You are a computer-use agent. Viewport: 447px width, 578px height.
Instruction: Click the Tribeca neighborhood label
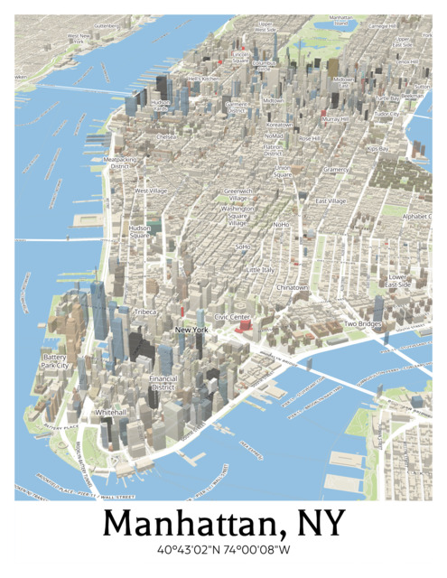[145, 311]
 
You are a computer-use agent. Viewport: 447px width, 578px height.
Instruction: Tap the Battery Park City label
[55, 361]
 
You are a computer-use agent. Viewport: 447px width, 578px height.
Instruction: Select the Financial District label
[163, 382]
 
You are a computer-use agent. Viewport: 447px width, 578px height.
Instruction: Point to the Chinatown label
[292, 287]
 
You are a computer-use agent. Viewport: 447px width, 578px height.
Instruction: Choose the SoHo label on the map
[242, 246]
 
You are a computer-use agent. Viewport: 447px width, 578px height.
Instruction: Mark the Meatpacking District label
[121, 163]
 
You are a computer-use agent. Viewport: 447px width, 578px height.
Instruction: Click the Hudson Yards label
[160, 106]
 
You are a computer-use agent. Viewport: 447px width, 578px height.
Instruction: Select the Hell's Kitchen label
[203, 79]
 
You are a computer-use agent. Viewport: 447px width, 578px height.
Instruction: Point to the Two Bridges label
[362, 323]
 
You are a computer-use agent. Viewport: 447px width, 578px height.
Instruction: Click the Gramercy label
[336, 169]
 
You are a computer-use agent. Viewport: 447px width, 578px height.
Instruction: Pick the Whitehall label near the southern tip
[111, 412]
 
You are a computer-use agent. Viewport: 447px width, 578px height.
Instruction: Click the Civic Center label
[232, 318]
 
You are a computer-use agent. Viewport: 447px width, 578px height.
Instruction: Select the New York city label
[191, 331]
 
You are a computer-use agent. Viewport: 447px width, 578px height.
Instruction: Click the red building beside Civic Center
[242, 329]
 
